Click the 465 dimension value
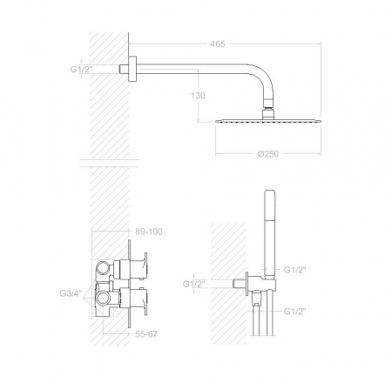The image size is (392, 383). (218, 44)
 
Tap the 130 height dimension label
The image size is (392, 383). (198, 96)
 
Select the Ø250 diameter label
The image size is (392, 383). (268, 154)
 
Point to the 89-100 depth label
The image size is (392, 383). (149, 232)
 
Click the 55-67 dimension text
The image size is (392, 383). (146, 334)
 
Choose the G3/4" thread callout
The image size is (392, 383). (71, 293)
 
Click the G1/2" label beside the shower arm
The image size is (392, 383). (81, 70)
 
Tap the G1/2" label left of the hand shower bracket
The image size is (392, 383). (194, 284)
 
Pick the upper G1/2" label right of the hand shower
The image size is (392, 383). (295, 270)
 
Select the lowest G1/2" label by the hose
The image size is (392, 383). (295, 312)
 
